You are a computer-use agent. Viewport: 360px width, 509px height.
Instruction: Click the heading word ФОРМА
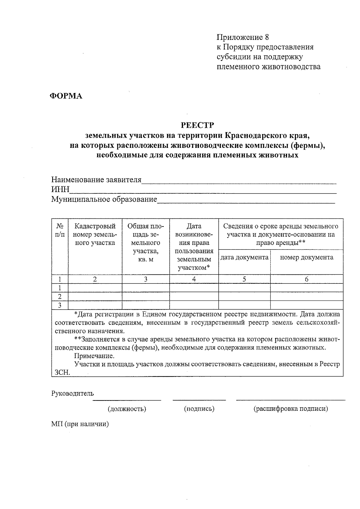coord(66,96)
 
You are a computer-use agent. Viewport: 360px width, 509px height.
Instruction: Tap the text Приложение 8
coord(243,37)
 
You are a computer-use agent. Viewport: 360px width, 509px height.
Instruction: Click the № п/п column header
coord(60,230)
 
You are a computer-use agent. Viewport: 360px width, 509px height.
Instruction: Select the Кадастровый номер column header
coord(95,234)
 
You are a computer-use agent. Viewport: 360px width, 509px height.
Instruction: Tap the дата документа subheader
coord(244,257)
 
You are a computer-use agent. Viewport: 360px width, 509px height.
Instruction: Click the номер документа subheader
coord(306,257)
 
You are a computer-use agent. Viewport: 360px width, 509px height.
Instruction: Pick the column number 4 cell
coord(194,279)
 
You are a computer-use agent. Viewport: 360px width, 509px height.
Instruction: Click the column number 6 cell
coord(307,279)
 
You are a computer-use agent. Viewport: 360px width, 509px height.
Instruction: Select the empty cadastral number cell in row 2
coord(95,297)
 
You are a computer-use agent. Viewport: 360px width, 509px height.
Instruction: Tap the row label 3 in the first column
coord(60,305)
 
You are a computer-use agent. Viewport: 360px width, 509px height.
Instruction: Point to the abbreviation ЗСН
coord(62,373)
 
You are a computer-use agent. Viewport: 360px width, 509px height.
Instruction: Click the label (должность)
coord(127,409)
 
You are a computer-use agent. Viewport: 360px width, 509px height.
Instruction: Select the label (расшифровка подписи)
coord(290,409)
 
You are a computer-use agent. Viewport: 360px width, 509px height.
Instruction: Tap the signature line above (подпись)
coord(199,399)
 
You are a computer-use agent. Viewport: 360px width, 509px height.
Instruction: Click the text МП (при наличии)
coord(80,424)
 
